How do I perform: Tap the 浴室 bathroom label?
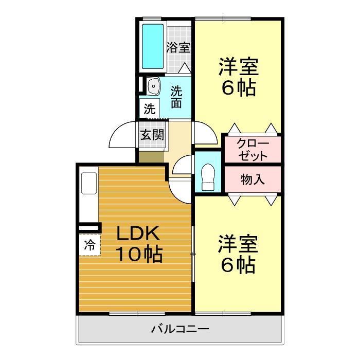tap(178, 48)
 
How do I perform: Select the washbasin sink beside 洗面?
tap(153, 86)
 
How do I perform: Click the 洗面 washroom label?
tap(176, 97)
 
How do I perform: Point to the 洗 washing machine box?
tap(149, 109)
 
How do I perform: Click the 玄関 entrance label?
tap(152, 135)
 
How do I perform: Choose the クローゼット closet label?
tap(252, 149)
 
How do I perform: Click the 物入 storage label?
tap(253, 179)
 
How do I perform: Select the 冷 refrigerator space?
tap(89, 245)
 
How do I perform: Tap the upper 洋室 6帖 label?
tap(239, 77)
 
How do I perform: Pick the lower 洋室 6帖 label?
tap(239, 254)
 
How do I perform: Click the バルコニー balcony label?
tap(179, 328)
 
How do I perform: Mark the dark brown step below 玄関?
tap(152, 156)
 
